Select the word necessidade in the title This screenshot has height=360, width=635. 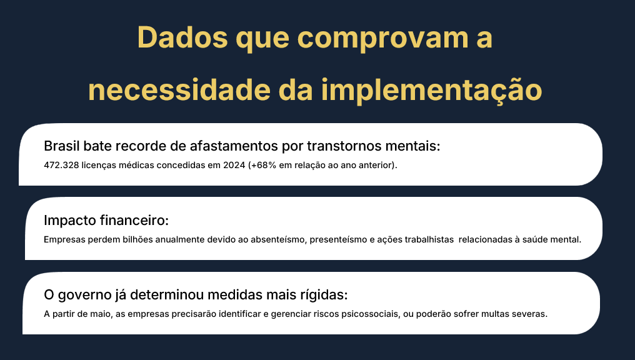click(x=179, y=89)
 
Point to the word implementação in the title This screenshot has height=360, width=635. click(x=431, y=91)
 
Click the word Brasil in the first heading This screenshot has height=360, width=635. click(x=61, y=146)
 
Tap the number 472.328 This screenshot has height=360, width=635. click(x=61, y=165)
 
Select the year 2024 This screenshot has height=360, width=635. click(x=234, y=165)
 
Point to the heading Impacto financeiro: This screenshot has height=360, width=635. click(x=106, y=220)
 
